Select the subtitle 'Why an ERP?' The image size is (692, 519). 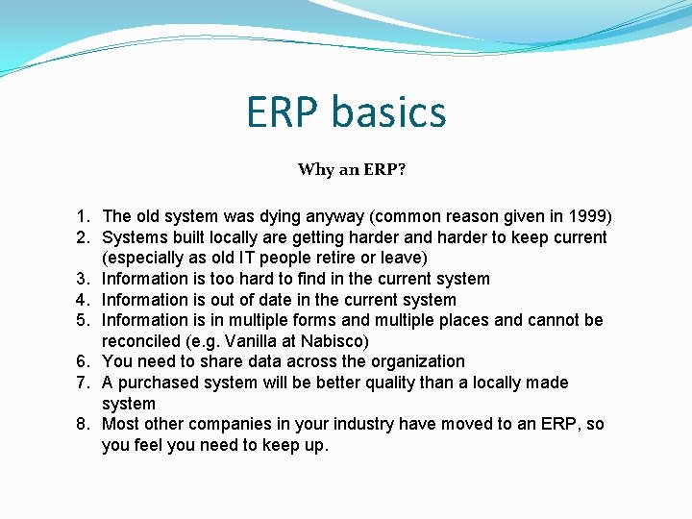[x=352, y=170]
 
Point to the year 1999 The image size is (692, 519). [x=586, y=216]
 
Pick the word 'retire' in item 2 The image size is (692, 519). [x=324, y=258]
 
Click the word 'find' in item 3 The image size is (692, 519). [x=292, y=279]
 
